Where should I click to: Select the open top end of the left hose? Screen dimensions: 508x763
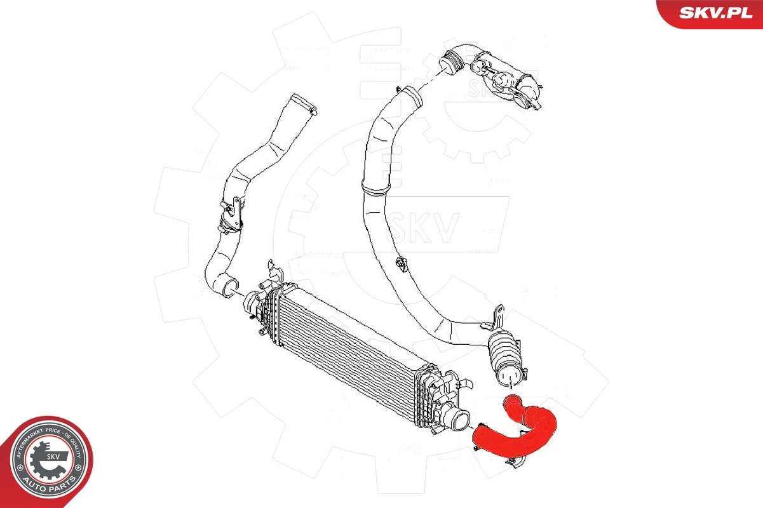(x=303, y=103)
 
